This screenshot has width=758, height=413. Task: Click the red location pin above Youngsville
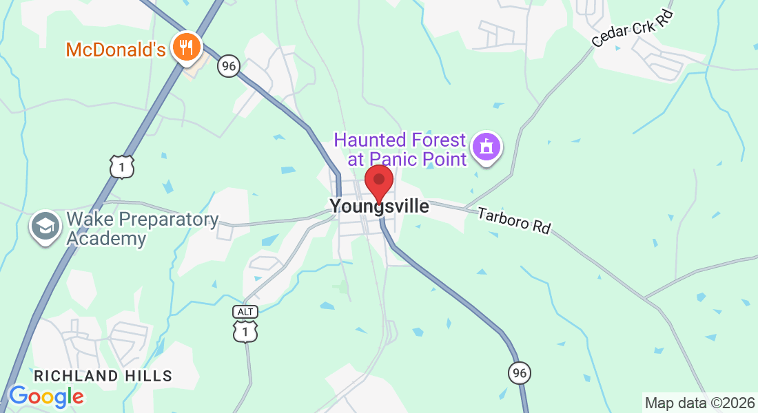[x=378, y=182]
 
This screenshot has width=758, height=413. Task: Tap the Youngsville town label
[x=379, y=206]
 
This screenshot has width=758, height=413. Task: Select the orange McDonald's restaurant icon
[x=185, y=47]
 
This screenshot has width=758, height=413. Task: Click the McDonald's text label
[x=116, y=50]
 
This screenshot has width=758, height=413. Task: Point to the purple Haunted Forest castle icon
[x=486, y=146]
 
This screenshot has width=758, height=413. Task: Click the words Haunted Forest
[x=400, y=140]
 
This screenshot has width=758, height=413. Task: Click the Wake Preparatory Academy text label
[x=142, y=229]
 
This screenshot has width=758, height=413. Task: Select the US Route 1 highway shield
[x=121, y=167]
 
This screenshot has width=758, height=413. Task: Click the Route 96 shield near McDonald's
[x=228, y=66]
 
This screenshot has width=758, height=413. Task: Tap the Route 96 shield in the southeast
[x=520, y=372]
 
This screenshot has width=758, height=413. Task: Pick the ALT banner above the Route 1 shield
[x=245, y=312]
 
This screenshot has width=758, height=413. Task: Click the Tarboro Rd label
[x=515, y=220]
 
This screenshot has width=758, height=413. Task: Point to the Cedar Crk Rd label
[x=632, y=30]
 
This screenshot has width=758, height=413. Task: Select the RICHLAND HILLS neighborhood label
[x=103, y=376]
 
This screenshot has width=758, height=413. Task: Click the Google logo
[x=46, y=396]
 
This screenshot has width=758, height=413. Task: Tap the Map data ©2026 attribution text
[x=699, y=403]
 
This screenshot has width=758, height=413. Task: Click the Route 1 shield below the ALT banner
[x=245, y=332]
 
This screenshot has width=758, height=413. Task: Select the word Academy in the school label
[x=107, y=239]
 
